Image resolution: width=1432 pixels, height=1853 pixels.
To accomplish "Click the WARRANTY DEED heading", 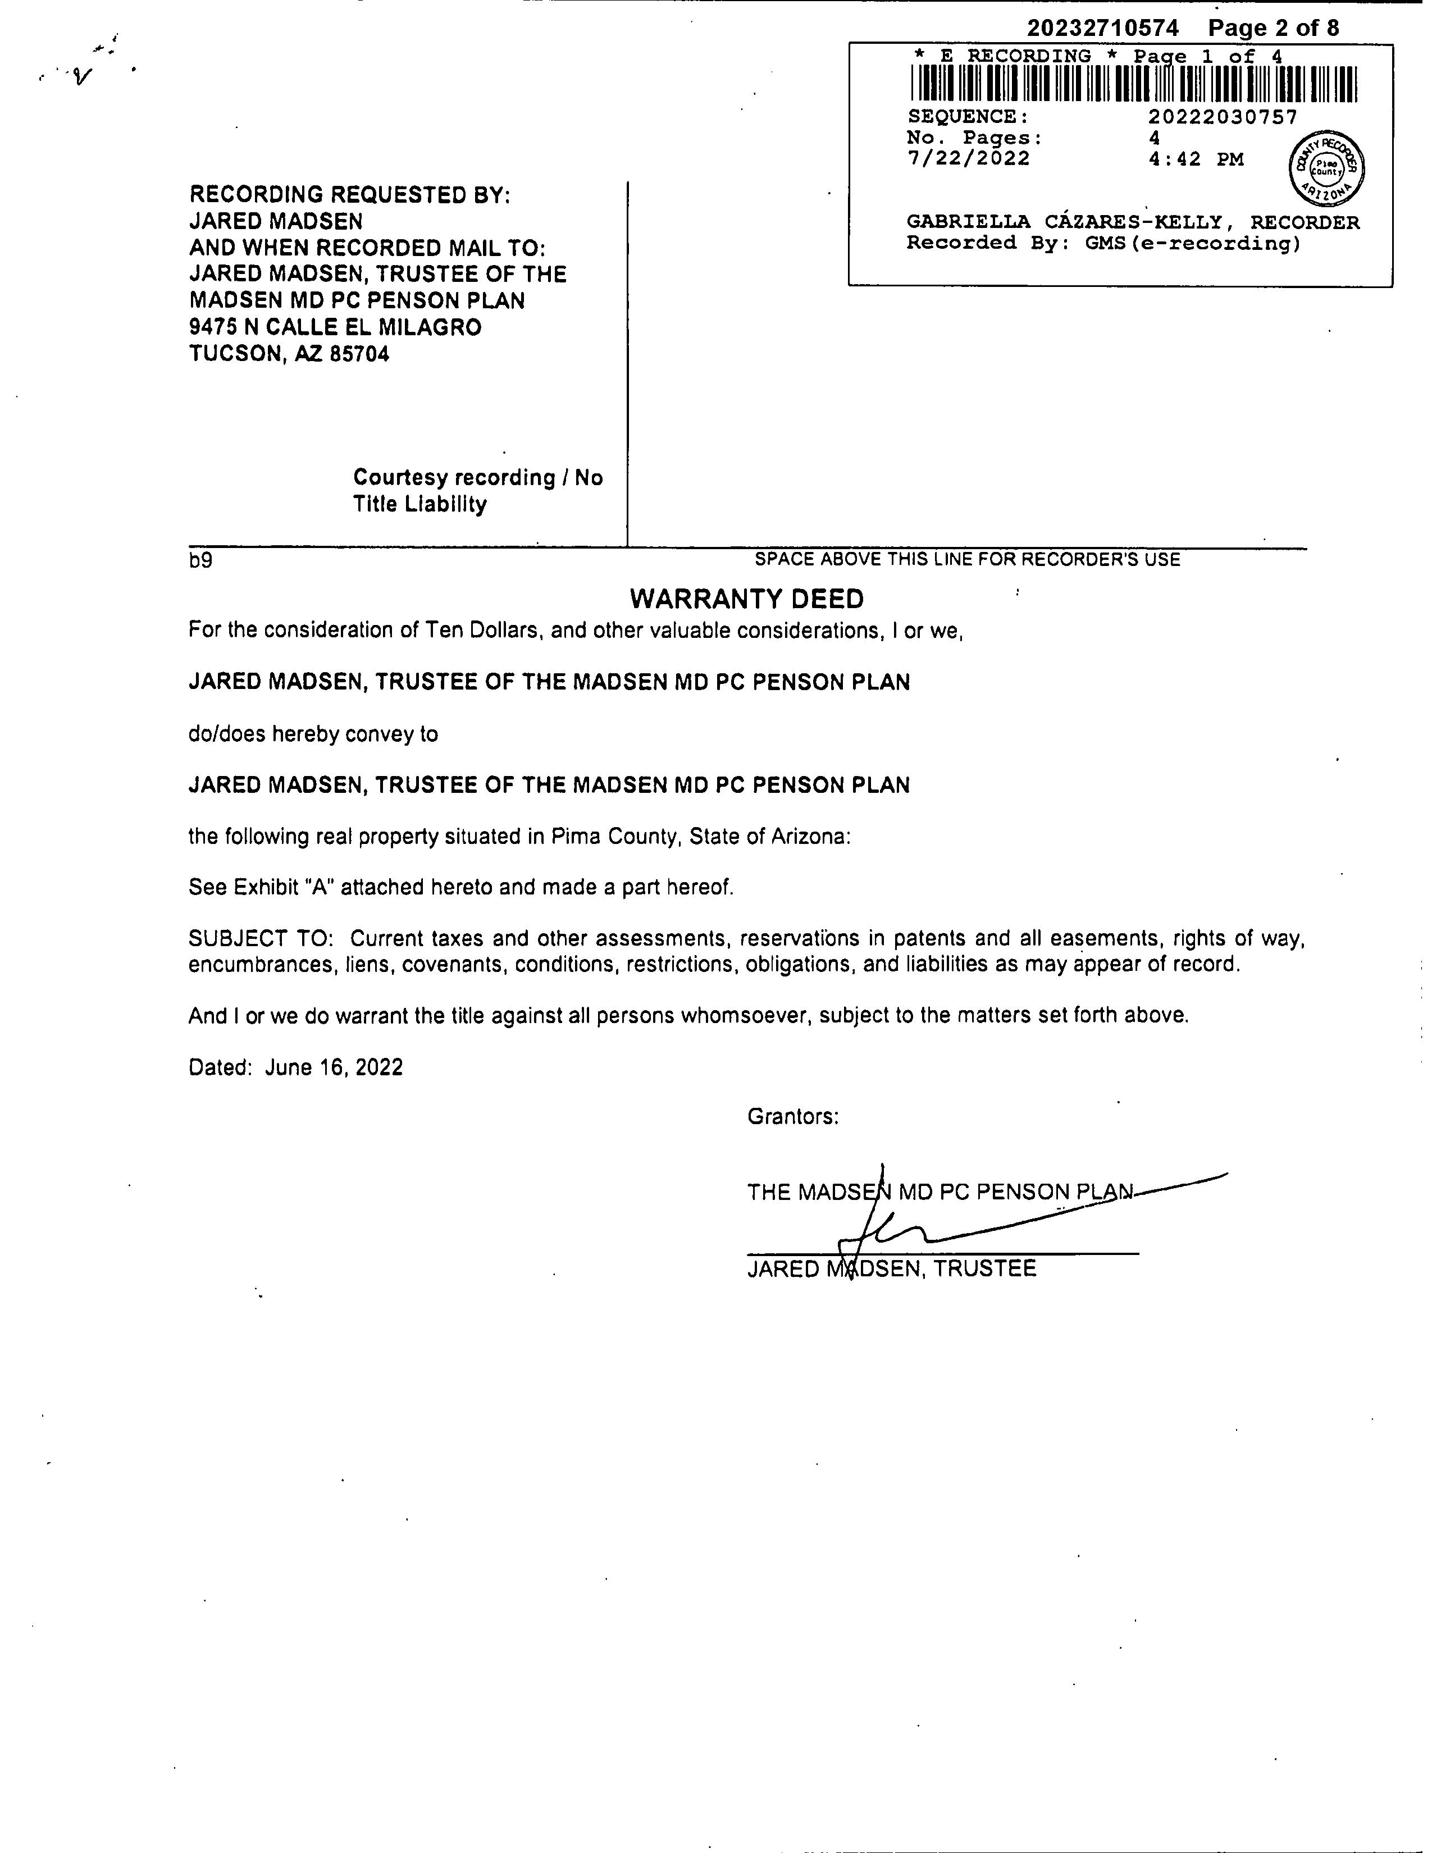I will point(746,599).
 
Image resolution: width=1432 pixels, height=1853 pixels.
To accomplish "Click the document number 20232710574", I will point(1103,28).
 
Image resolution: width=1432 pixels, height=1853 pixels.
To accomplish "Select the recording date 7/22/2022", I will point(968,159).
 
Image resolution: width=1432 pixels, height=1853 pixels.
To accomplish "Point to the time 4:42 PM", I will point(1196,159).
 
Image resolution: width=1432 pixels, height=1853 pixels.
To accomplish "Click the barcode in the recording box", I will point(1133,85).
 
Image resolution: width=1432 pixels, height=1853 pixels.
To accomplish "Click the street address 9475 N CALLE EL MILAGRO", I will point(335,327).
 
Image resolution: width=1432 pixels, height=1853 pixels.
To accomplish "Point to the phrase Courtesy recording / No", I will point(478,478).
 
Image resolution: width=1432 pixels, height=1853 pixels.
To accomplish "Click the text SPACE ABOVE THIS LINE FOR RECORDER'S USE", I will point(967,559).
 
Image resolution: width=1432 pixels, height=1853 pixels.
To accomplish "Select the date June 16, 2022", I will point(334,1067).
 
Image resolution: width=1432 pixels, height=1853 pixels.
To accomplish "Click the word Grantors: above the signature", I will point(793,1116).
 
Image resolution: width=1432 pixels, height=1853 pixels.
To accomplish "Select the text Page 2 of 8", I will point(1274,28).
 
